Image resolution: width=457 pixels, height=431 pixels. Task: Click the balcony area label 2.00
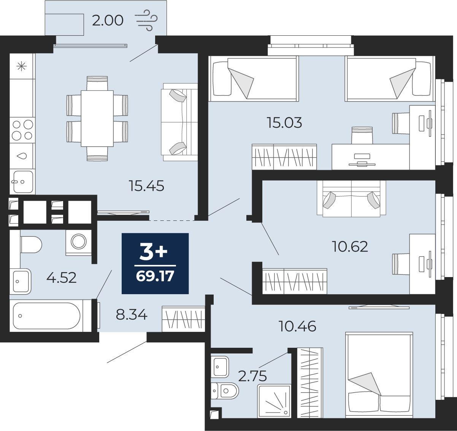[108, 21]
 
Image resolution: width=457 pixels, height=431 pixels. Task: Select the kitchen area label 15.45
[147, 186]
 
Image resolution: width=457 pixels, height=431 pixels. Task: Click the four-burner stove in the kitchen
[22, 130]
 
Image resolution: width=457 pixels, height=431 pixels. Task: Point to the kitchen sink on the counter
[23, 182]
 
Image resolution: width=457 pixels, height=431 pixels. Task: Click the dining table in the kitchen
[97, 119]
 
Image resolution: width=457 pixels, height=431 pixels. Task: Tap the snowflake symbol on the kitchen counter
[22, 67]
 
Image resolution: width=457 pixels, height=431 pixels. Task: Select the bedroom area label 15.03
[284, 123]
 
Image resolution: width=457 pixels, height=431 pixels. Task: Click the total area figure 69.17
[155, 276]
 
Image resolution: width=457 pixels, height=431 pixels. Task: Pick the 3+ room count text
[154, 253]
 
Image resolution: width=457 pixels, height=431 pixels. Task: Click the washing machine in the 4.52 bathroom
[78, 242]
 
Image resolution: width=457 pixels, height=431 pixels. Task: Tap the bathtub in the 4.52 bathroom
[46, 316]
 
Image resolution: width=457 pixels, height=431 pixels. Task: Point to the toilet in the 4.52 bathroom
[31, 244]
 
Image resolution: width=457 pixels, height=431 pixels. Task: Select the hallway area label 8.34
[132, 315]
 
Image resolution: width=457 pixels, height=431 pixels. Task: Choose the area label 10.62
[350, 246]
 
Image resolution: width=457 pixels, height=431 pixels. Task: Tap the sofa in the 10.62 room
[351, 198]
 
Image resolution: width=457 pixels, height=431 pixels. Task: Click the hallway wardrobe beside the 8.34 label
[183, 319]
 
